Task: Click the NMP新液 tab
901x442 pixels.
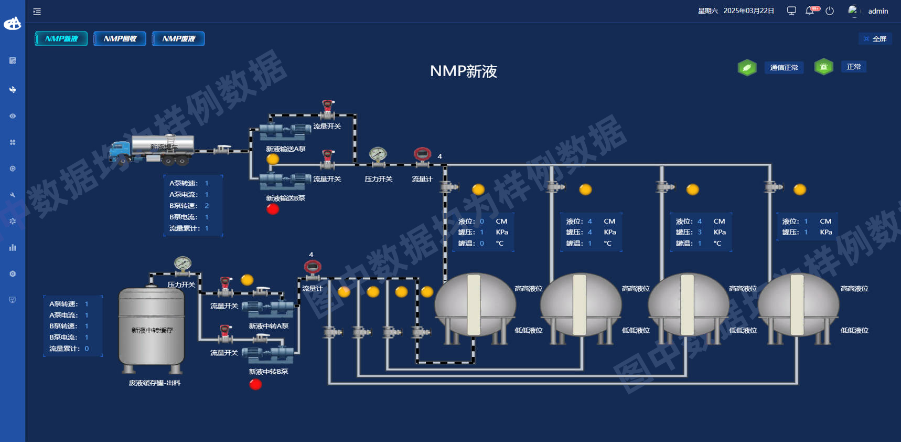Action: pyautogui.click(x=61, y=39)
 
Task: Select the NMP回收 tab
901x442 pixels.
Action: pyautogui.click(x=120, y=39)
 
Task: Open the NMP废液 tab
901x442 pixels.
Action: pyautogui.click(x=178, y=39)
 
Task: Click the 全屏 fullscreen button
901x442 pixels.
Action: pyautogui.click(x=875, y=39)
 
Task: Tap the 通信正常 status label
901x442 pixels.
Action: pyautogui.click(x=784, y=68)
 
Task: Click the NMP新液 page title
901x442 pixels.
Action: pyautogui.click(x=463, y=71)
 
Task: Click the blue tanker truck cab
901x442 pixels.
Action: pyautogui.click(x=120, y=152)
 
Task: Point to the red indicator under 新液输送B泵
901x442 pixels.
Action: pyautogui.click(x=273, y=209)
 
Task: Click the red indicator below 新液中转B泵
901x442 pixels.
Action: pyautogui.click(x=255, y=384)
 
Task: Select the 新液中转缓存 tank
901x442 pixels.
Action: pyautogui.click(x=152, y=328)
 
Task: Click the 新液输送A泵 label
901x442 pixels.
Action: pyautogui.click(x=285, y=149)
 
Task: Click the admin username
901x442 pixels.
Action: pyautogui.click(x=878, y=11)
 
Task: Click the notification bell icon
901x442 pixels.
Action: pyautogui.click(x=810, y=11)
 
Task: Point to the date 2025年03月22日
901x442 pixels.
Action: pyautogui.click(x=748, y=11)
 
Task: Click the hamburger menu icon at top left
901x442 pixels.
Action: pyautogui.click(x=37, y=12)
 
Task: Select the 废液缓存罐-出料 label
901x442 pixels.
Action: pyautogui.click(x=154, y=383)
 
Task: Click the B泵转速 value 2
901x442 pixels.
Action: pyautogui.click(x=207, y=206)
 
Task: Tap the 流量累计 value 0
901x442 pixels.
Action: pyautogui.click(x=87, y=349)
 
